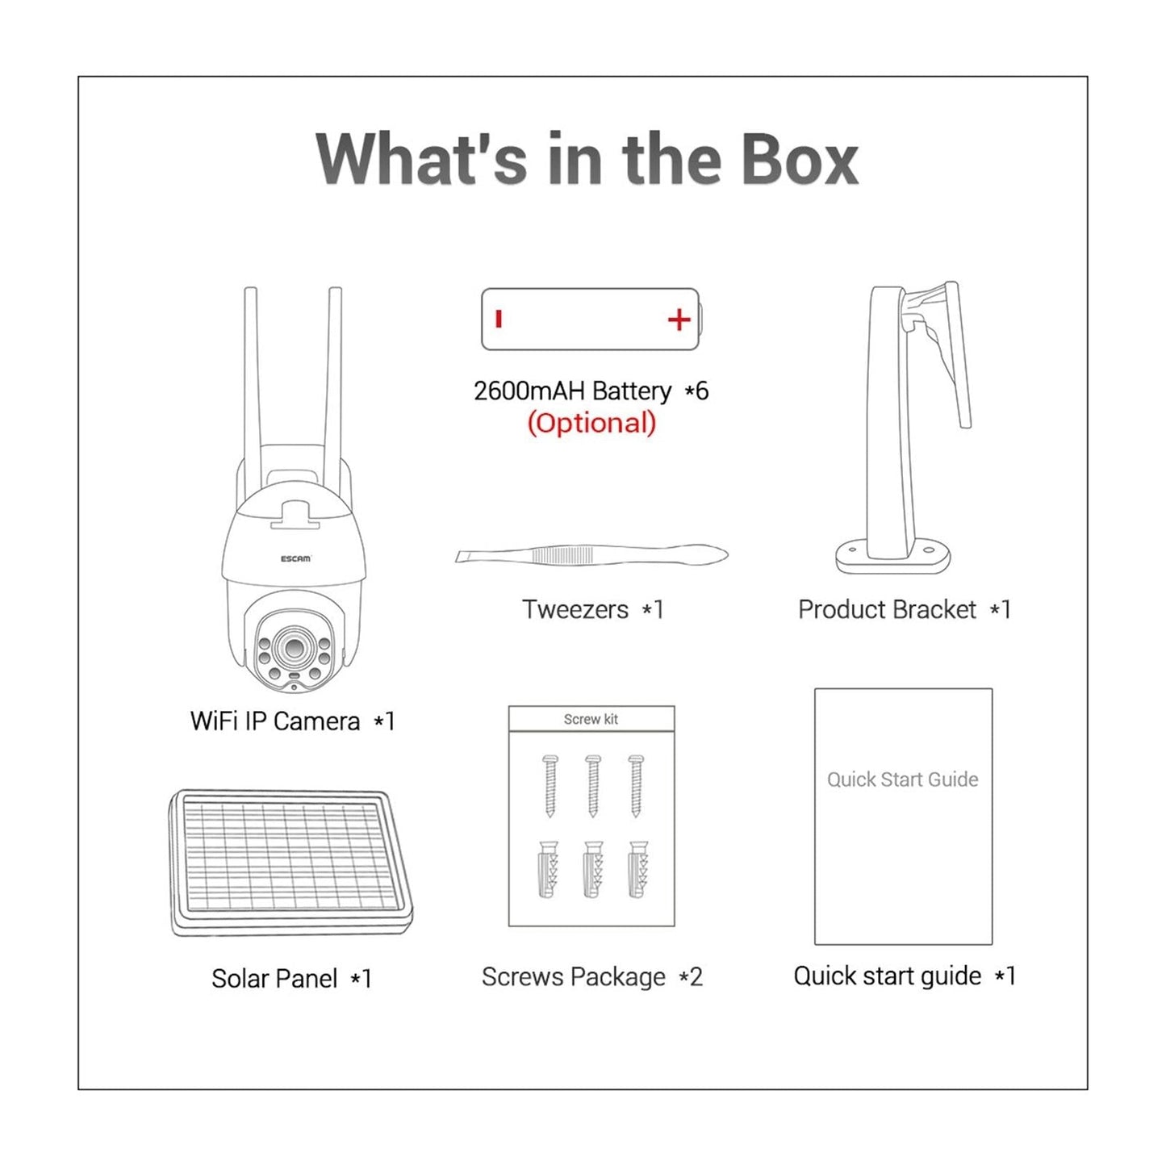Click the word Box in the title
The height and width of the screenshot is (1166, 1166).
[799, 159]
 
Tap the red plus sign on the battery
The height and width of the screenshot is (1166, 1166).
[679, 320]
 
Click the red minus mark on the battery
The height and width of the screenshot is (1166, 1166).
[499, 319]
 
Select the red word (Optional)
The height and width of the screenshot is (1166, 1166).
[591, 423]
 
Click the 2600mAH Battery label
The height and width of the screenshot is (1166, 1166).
[572, 391]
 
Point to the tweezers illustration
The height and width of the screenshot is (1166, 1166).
[591, 554]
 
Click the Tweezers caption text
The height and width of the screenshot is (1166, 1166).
[575, 609]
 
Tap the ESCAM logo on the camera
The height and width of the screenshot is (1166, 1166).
[295, 558]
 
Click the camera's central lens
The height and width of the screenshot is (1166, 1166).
[293, 647]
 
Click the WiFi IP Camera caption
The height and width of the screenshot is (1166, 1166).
[275, 721]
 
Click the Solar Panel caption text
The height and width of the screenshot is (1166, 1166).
[274, 978]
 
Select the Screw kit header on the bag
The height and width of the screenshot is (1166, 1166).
[591, 719]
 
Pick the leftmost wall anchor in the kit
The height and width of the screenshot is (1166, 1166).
[549, 869]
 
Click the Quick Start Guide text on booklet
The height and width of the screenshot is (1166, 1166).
[902, 779]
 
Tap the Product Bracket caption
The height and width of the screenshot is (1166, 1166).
[887, 609]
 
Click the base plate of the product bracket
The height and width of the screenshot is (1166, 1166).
[892, 557]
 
